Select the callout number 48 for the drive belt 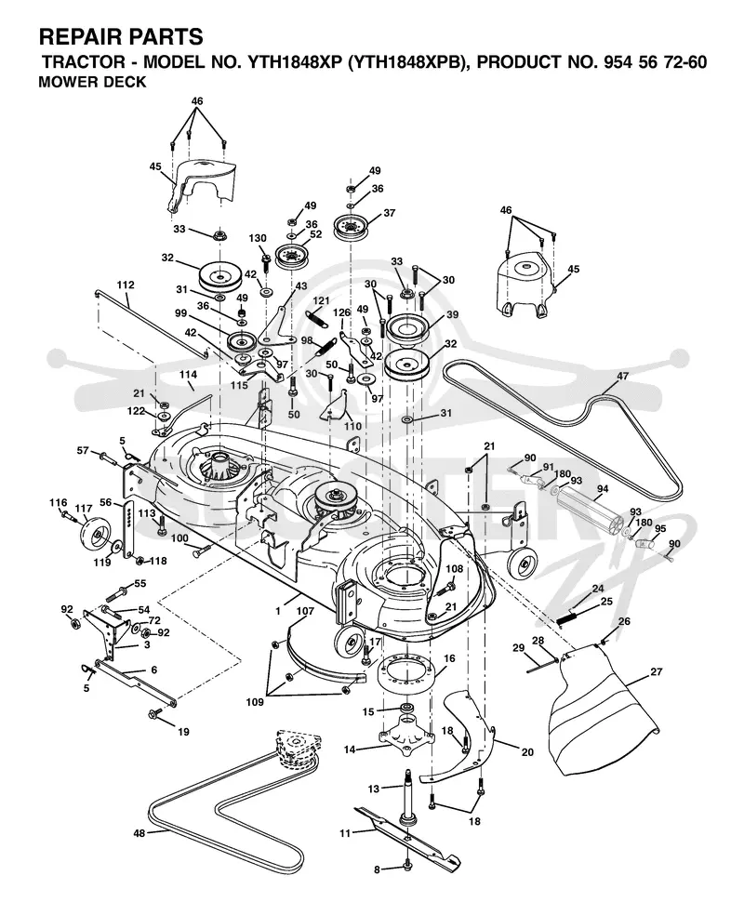coord(139,833)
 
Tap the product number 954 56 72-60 coord(655,62)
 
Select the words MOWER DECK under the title coord(92,82)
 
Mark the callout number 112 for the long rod coord(126,285)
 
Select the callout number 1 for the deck coord(278,611)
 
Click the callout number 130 coord(258,238)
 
